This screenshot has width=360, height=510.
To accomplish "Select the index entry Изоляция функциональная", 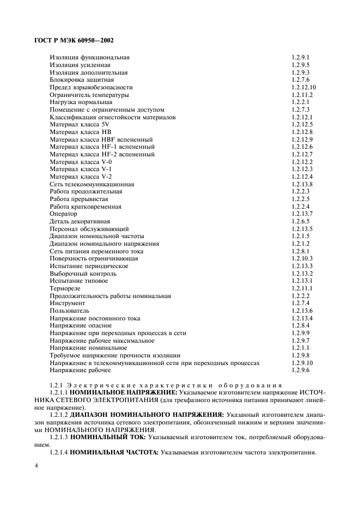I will [90, 57].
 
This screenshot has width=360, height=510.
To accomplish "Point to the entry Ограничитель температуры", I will [89, 95].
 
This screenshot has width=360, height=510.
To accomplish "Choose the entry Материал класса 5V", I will [80, 124].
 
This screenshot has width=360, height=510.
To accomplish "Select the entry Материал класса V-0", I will [81, 162].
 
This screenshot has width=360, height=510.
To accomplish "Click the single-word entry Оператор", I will [64, 214].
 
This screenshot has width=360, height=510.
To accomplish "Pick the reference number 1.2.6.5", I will [300, 222].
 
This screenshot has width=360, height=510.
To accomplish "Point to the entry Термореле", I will [65, 288].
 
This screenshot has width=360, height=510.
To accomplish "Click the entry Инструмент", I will [68, 303].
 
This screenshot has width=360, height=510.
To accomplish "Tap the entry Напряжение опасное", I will [81, 325].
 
